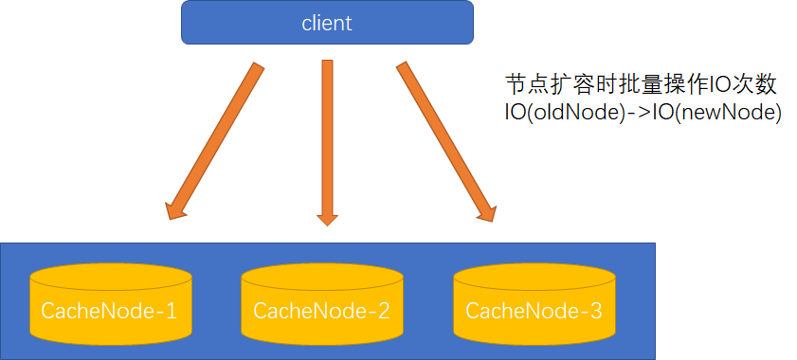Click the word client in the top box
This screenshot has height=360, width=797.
(x=327, y=24)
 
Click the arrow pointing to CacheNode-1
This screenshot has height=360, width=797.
(x=213, y=139)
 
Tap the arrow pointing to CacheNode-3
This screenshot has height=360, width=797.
(x=444, y=139)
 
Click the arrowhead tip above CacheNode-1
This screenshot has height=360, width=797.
(x=170, y=217)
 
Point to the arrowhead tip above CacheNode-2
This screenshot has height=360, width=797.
(x=328, y=224)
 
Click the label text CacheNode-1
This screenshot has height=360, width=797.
(x=109, y=310)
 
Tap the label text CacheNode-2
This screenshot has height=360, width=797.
(x=322, y=310)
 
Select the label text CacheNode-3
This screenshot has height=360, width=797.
(x=534, y=310)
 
